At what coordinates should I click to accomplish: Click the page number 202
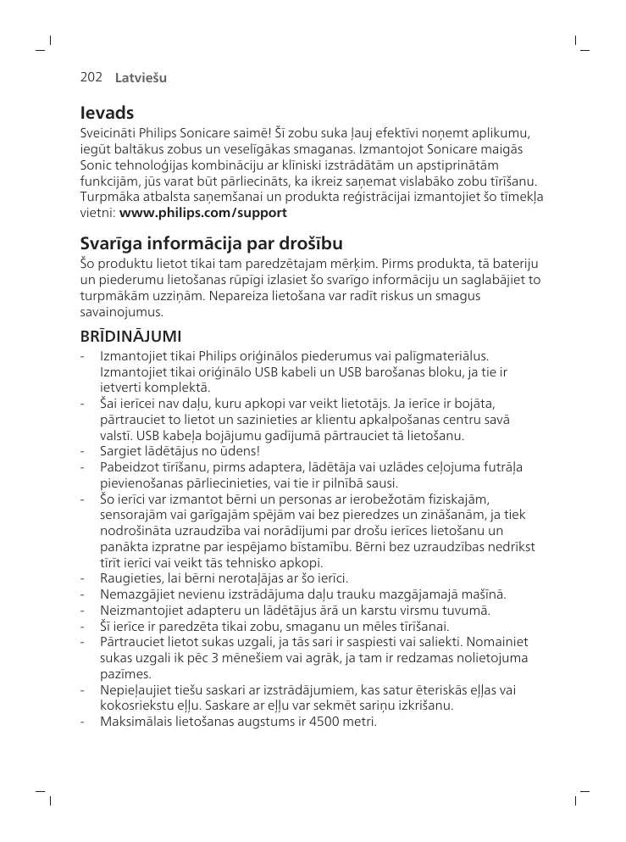[x=91, y=77]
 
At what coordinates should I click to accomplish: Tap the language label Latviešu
[x=141, y=78]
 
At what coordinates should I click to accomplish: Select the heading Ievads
[x=107, y=113]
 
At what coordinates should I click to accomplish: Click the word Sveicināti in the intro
[x=108, y=133]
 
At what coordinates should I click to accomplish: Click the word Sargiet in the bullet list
[x=119, y=450]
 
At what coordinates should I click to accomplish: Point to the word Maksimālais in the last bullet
[x=135, y=722]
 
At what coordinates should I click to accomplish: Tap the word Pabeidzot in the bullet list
[x=128, y=466]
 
